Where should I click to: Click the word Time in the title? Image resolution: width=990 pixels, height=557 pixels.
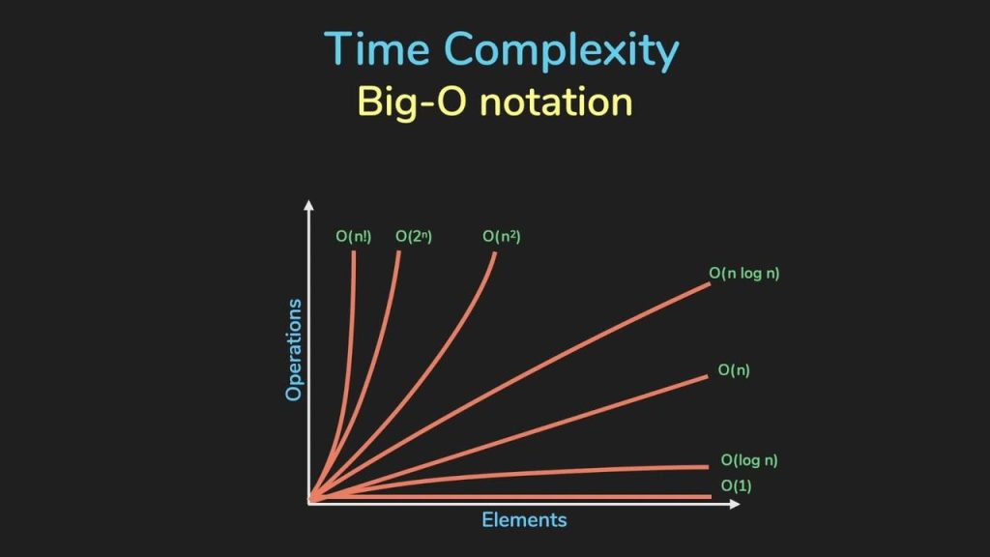(x=378, y=48)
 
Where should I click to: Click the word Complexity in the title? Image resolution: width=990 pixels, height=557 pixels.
(x=562, y=51)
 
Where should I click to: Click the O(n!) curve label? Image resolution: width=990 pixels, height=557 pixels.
(x=354, y=236)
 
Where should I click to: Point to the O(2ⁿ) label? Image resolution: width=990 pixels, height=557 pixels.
(x=414, y=236)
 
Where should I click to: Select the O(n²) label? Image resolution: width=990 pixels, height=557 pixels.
(x=502, y=236)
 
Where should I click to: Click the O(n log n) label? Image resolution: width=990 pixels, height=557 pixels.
(x=743, y=274)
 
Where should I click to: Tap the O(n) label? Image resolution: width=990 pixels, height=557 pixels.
(x=734, y=370)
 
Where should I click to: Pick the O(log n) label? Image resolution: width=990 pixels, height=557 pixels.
(x=749, y=460)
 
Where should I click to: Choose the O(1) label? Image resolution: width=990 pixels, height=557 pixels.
(x=736, y=485)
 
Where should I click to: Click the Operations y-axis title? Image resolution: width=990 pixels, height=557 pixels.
(x=294, y=350)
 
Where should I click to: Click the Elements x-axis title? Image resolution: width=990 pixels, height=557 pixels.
(x=524, y=519)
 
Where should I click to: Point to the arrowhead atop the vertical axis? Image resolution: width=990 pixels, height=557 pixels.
(x=308, y=205)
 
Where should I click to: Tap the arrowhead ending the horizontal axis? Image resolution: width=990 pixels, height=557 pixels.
(x=735, y=503)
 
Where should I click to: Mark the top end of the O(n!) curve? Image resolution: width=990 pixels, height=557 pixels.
(x=354, y=252)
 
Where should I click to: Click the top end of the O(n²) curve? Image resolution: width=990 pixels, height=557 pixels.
(x=495, y=253)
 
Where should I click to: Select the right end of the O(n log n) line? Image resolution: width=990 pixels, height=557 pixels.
(x=710, y=284)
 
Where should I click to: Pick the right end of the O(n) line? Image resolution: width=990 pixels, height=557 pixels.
(x=707, y=377)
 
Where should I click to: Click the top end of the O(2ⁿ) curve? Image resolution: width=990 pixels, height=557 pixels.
(x=398, y=252)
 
